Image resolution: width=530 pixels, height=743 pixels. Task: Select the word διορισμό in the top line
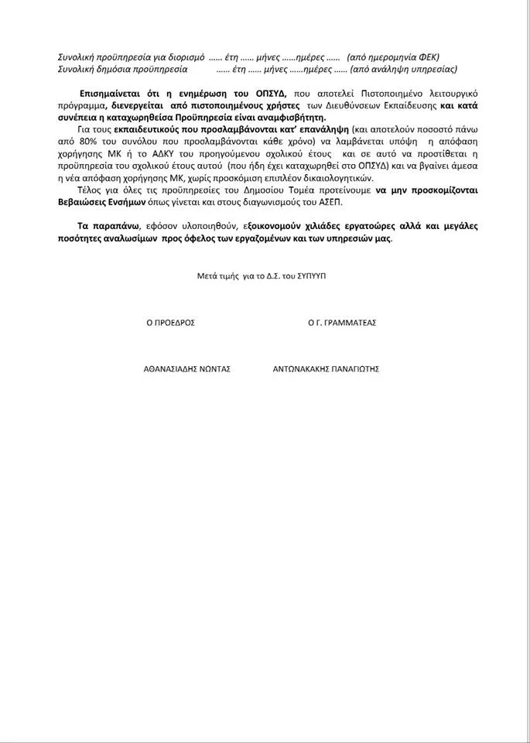[184, 57]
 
